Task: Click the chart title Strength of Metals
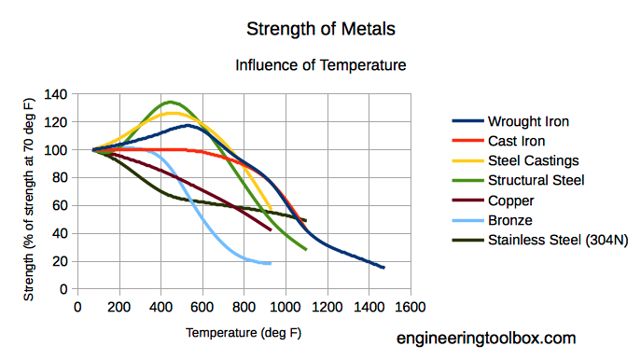320,29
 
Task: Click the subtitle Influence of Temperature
320,65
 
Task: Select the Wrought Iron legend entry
528,121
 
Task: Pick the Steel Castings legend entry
534,160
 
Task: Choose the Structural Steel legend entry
536,180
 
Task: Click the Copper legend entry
511,200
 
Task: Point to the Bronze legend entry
510,220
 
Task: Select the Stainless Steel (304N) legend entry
555,240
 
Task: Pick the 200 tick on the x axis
118,306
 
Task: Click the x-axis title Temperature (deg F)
244,332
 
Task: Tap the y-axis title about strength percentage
30,191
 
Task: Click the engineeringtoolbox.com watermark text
486,339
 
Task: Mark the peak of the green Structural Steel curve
171,102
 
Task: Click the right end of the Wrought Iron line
383,268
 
